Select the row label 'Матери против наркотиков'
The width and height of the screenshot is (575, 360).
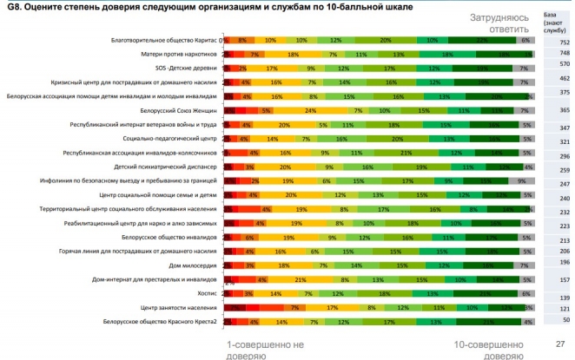click(x=180, y=55)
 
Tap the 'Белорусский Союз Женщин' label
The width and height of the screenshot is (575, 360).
click(x=179, y=111)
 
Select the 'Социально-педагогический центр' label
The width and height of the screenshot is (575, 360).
click(x=170, y=139)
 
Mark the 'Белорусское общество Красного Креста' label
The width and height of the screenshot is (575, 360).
click(x=161, y=322)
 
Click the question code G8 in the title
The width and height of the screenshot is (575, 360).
click(x=12, y=6)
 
